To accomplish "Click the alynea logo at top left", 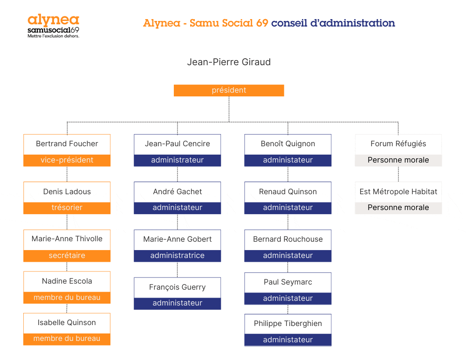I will tap(53, 26).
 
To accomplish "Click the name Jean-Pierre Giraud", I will tap(229, 62).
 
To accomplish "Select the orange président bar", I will tap(229, 90).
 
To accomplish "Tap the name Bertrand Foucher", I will tap(67, 144).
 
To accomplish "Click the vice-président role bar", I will tap(67, 160).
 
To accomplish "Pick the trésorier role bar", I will tap(67, 208).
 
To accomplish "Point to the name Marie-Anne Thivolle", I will tap(67, 239).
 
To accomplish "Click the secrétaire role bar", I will tap(67, 256).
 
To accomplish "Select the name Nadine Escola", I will tap(67, 281).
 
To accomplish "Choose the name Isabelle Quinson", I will tap(67, 323).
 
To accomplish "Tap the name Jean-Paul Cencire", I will tap(178, 144).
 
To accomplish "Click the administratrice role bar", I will tap(178, 256).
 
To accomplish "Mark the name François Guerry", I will tap(178, 287).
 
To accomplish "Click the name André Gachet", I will tap(178, 192).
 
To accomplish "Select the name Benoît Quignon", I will tap(288, 144).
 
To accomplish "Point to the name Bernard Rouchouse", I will tap(288, 239).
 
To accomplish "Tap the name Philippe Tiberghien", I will tap(288, 324).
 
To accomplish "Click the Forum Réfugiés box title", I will tap(398, 144).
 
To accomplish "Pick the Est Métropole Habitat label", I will tap(398, 192).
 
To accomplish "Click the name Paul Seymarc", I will tap(288, 282).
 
